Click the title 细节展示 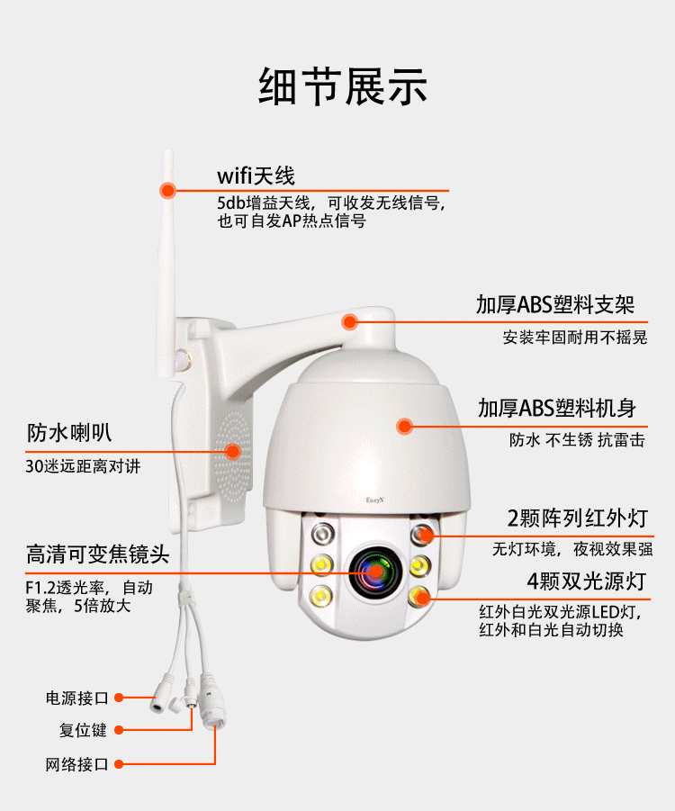[x=343, y=86]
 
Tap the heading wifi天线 [x=256, y=176]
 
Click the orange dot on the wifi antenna [x=167, y=190]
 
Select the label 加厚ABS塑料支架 [x=555, y=304]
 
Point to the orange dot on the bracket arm [x=350, y=321]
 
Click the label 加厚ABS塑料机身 [x=557, y=408]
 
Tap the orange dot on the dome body [x=404, y=426]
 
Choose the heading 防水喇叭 [x=69, y=432]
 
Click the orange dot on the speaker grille [x=233, y=452]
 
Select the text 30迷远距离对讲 [x=83, y=466]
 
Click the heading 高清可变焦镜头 [x=98, y=554]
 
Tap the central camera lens [x=375, y=572]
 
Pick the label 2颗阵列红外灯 [x=577, y=518]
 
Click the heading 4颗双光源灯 [x=587, y=581]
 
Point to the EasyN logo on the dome [x=375, y=500]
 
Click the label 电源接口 [x=77, y=698]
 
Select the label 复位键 [x=83, y=730]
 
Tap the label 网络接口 [x=77, y=764]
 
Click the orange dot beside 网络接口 [x=119, y=764]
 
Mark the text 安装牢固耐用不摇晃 [x=575, y=338]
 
